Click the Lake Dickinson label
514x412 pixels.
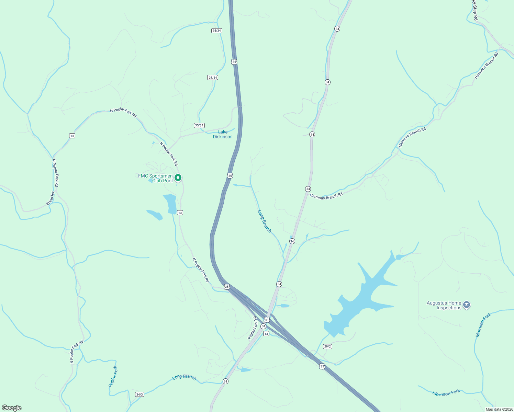pyautogui.click(x=223, y=134)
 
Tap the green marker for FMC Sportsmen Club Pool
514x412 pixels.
pyautogui.click(x=178, y=178)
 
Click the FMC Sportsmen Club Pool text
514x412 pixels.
pyautogui.click(x=155, y=178)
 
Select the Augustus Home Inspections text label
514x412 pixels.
pyautogui.click(x=444, y=305)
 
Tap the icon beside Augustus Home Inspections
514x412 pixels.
pyautogui.click(x=467, y=305)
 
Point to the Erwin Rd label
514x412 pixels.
pyautogui.click(x=51, y=199)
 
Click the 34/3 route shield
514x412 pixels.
pyautogui.click(x=139, y=394)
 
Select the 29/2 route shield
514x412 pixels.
pyautogui.click(x=327, y=346)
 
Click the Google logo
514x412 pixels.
pyautogui.click(x=12, y=408)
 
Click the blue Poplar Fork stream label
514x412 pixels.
pyautogui.click(x=113, y=377)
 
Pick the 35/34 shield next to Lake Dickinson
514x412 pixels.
pyautogui.click(x=199, y=125)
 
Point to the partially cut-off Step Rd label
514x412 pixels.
pyautogui.click(x=474, y=10)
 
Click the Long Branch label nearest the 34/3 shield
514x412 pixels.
pyautogui.click(x=184, y=377)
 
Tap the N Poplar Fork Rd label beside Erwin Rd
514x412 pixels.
pyautogui.click(x=55, y=173)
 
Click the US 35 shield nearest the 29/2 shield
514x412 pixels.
pyautogui.click(x=322, y=366)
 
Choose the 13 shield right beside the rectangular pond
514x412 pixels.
pyautogui.click(x=180, y=213)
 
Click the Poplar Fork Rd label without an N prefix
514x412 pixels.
pyautogui.click(x=253, y=328)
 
